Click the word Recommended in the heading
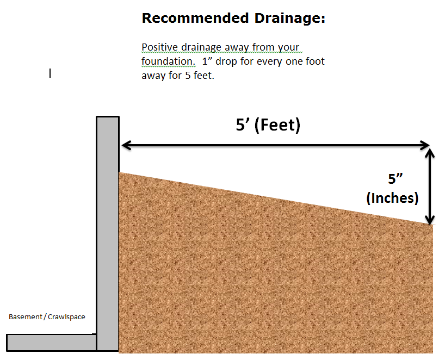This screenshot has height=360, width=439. (x=195, y=18)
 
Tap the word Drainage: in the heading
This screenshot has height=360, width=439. (x=290, y=18)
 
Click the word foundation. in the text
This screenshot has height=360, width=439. (x=168, y=61)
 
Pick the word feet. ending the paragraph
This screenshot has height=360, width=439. (x=203, y=76)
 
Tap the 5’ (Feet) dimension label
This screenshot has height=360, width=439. (x=268, y=125)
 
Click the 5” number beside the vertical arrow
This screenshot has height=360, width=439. (x=395, y=179)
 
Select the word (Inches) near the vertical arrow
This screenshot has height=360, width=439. (x=392, y=198)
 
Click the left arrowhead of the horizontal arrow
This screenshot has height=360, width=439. (x=127, y=145)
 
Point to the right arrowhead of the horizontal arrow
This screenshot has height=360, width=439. (x=424, y=145)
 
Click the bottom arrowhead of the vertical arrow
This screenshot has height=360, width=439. (x=430, y=220)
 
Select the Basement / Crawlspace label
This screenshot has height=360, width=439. (x=47, y=317)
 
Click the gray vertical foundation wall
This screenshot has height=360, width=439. (x=108, y=233)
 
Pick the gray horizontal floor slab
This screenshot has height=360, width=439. (x=51, y=343)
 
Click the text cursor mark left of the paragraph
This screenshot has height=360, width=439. (x=50, y=73)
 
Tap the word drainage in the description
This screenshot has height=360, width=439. (x=201, y=48)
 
